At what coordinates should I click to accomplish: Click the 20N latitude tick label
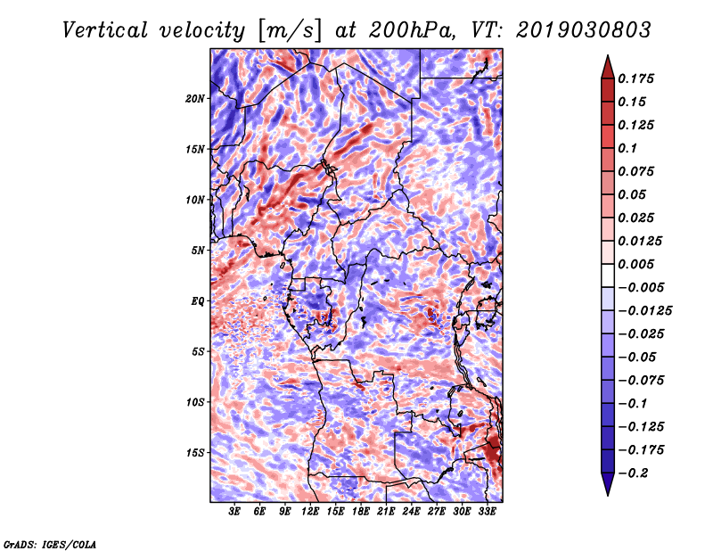pos(195,99)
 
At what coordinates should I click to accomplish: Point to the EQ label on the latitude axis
pos(197,301)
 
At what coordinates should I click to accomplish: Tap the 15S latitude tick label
pos(195,453)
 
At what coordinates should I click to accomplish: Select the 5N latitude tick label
pos(198,251)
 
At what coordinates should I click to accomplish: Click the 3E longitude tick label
pos(234,512)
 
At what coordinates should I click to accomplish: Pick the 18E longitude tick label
pos(361,512)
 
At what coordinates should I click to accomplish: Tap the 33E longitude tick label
pos(487,512)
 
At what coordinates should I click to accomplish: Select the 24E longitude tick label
pos(411,512)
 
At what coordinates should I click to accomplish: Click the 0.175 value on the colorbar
pos(635,78)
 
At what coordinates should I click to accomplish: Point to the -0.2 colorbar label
pos(633,473)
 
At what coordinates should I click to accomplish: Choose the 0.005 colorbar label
pos(635,264)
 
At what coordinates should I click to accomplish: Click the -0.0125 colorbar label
pos(644,311)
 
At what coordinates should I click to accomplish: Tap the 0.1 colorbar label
pos(627,148)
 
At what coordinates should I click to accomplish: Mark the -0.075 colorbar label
pos(641,381)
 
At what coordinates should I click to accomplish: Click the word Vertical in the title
pos(105,30)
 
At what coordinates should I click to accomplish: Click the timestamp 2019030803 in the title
pos(584,30)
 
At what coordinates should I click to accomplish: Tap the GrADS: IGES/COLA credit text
pos(50,545)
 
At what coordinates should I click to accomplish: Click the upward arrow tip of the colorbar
pos(608,55)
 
